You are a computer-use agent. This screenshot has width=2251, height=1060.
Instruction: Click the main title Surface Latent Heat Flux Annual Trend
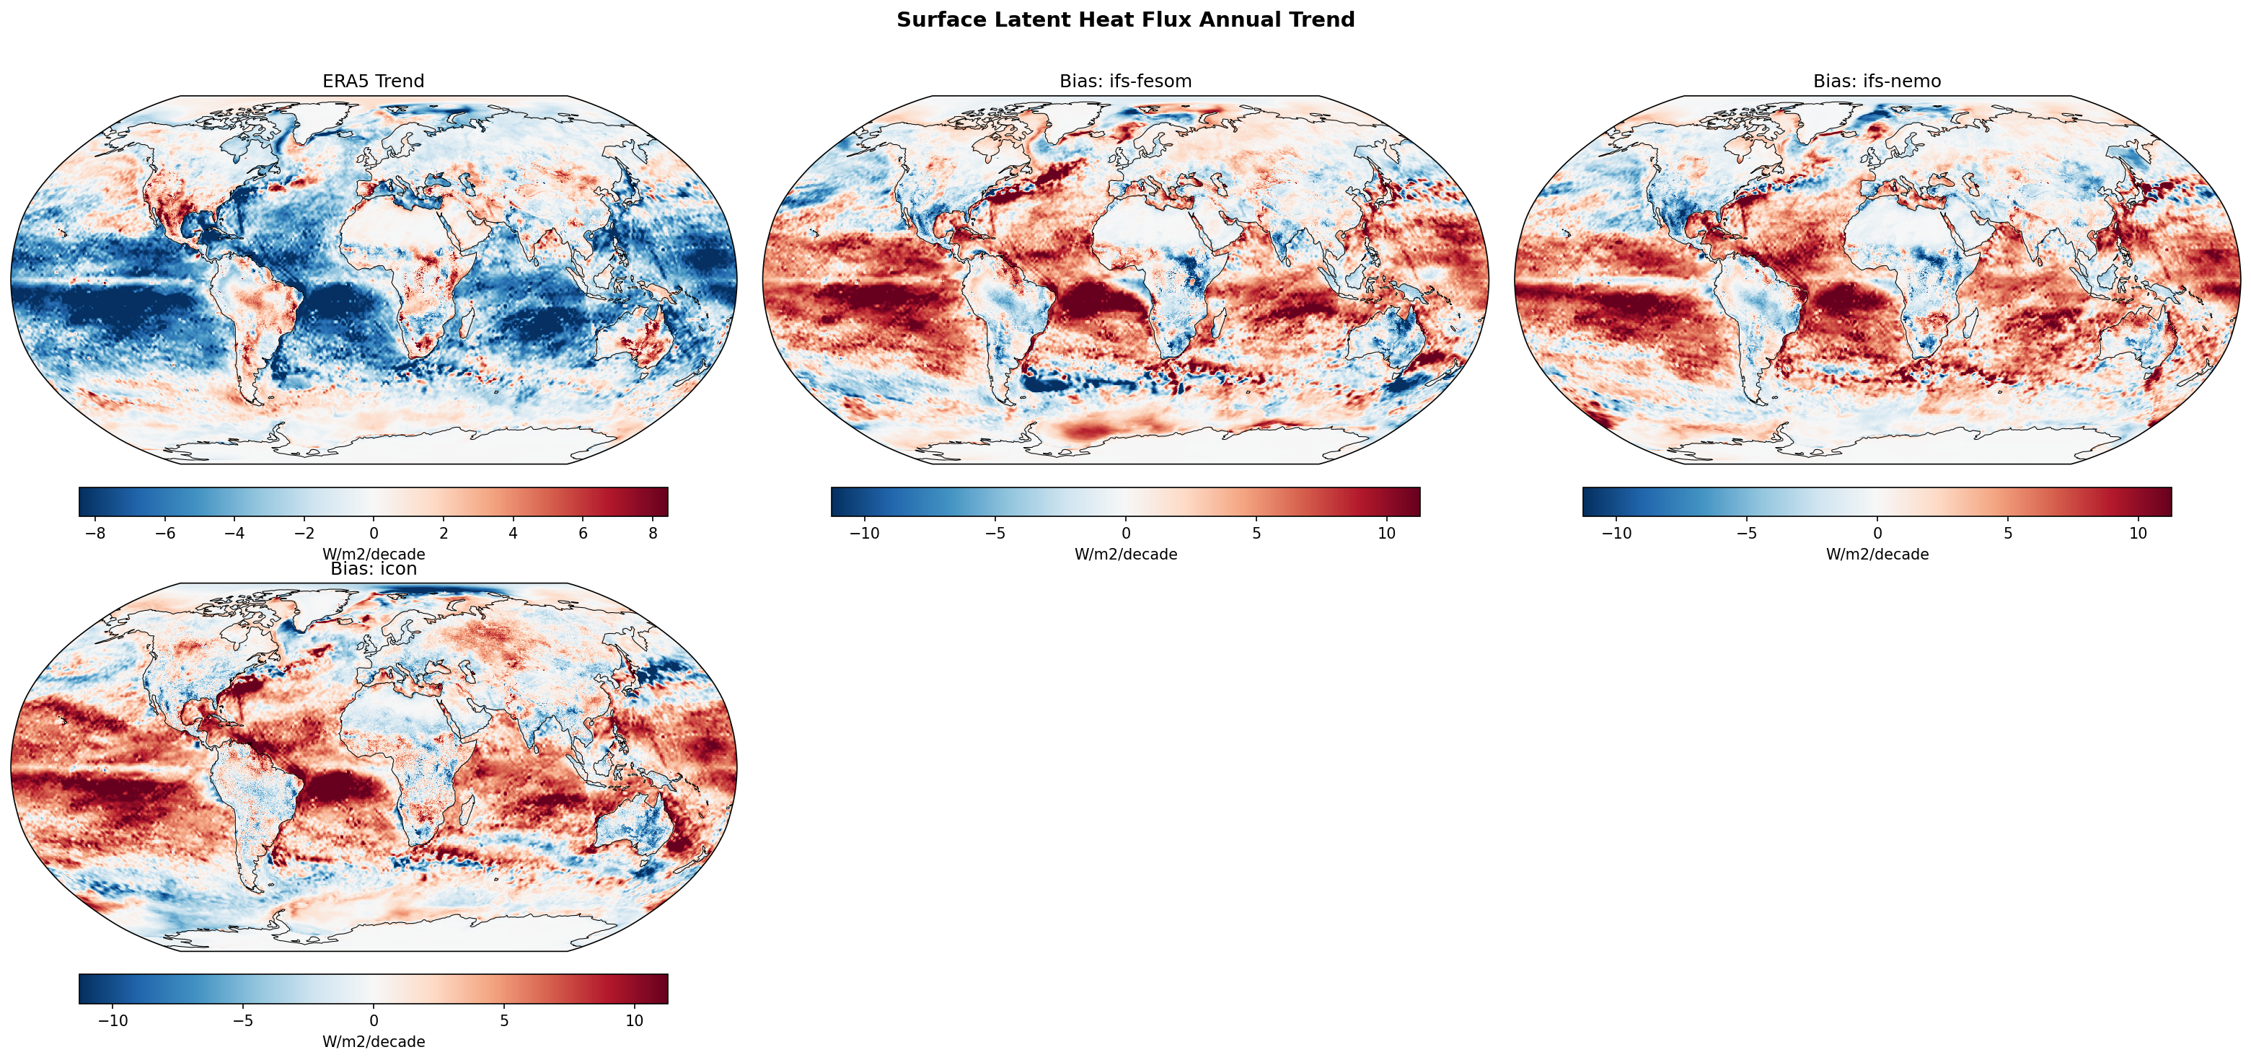[x=1124, y=20]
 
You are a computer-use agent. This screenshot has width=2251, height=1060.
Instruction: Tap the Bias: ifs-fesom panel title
[x=1124, y=81]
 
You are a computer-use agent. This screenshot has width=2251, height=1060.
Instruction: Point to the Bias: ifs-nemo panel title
[x=1876, y=81]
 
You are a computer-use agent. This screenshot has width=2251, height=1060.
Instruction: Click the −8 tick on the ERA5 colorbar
[x=95, y=533]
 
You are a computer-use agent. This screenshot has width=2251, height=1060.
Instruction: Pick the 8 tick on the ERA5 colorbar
[x=653, y=533]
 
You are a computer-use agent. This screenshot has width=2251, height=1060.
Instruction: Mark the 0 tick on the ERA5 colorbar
[x=374, y=533]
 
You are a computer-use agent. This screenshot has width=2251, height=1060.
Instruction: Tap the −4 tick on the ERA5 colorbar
[x=234, y=533]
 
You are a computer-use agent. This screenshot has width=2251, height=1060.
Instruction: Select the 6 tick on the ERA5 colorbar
[x=583, y=533]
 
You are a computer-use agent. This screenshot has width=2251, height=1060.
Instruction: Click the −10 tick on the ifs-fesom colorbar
[x=864, y=533]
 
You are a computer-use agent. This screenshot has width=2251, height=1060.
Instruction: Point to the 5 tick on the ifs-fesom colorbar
[x=1256, y=533]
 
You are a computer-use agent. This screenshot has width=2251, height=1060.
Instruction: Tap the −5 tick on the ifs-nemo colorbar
[x=1746, y=533]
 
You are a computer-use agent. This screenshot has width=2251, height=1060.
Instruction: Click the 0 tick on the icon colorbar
[x=374, y=1020]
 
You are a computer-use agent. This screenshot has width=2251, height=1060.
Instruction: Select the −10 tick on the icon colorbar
[x=113, y=1020]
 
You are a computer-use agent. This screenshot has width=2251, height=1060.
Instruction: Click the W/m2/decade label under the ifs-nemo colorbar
[x=1876, y=554]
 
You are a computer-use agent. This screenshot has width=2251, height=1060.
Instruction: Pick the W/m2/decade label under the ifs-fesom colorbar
[x=1124, y=554]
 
